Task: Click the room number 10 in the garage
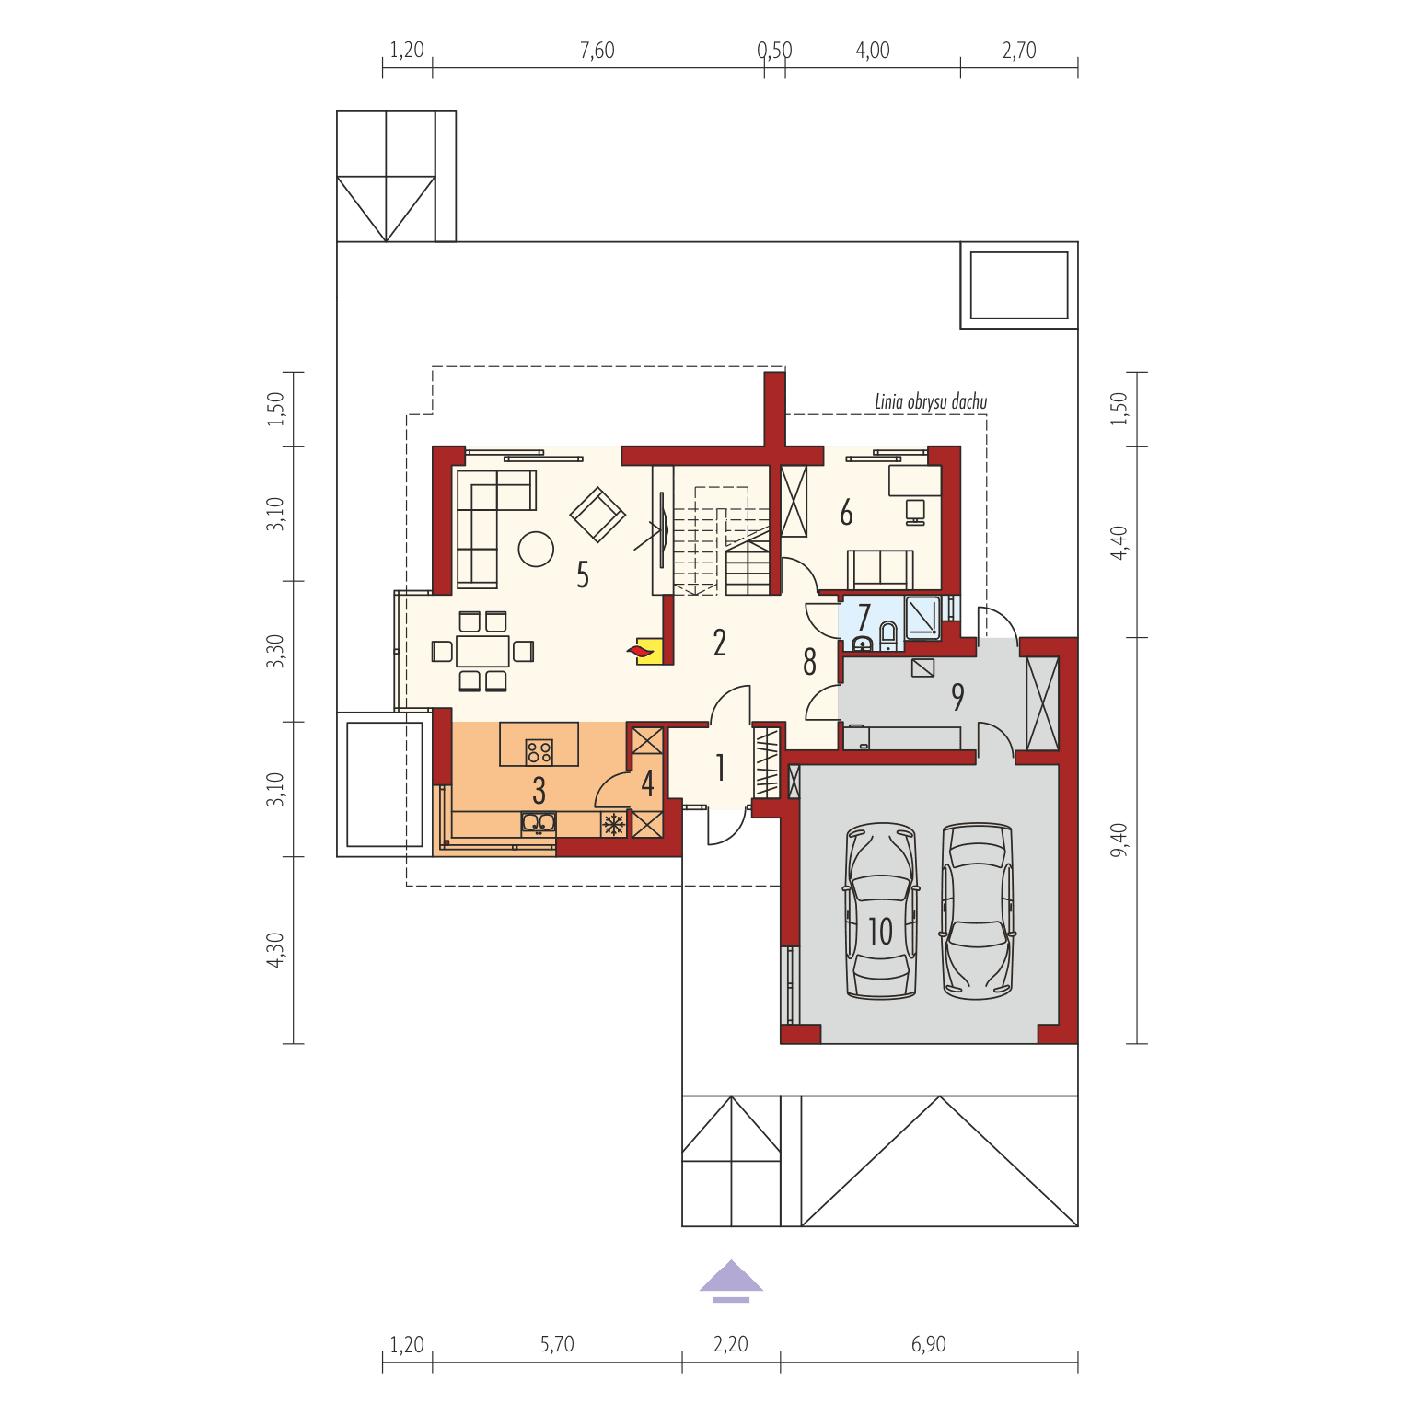880,931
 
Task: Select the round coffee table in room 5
536,550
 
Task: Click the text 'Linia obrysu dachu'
930,402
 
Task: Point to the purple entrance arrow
731,1279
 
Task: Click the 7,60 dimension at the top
597,51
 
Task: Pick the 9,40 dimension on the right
1118,840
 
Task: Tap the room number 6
846,514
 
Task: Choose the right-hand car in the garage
977,910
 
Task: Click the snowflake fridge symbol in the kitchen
613,824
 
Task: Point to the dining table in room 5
482,651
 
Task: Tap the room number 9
957,697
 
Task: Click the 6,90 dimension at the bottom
928,1344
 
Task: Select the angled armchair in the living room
597,514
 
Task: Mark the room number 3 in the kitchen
539,790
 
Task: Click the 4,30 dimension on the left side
276,949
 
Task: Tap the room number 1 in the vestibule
720,768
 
